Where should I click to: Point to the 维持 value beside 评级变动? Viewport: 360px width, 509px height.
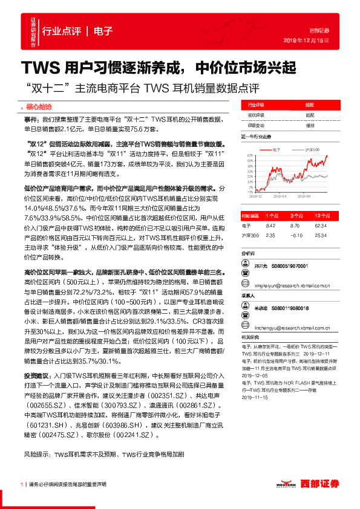pos(310,125)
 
